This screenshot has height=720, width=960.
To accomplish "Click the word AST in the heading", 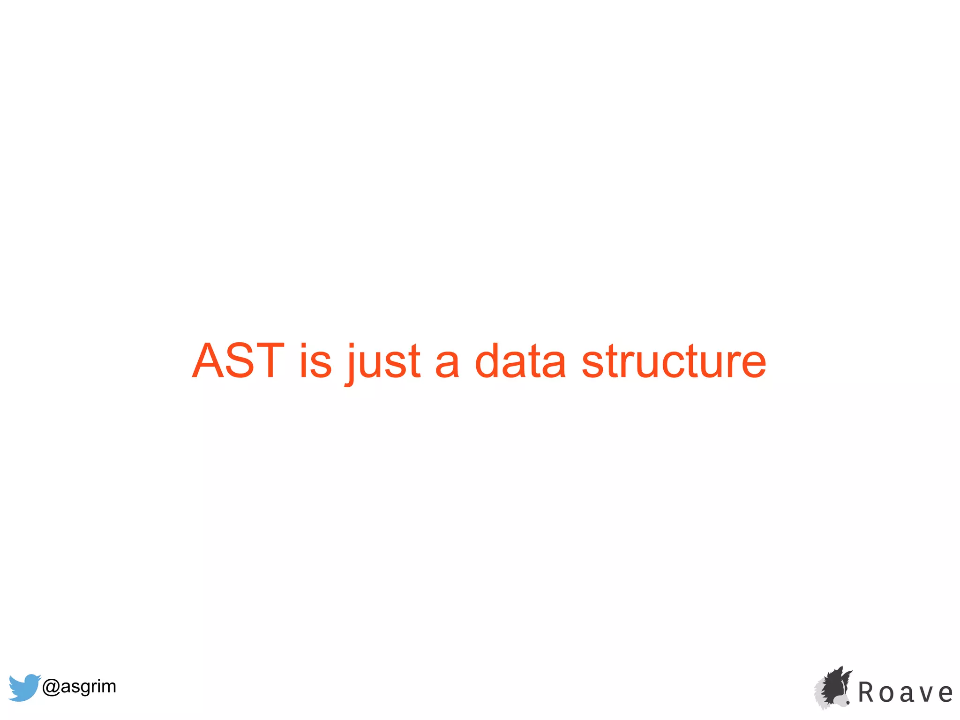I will [x=238, y=360].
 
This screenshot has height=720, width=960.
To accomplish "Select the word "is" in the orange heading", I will [x=315, y=360].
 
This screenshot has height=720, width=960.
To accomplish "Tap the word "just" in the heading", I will [x=383, y=362].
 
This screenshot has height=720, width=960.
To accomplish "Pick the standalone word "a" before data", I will [x=447, y=363].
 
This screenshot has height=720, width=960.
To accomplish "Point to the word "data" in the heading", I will [x=520, y=360].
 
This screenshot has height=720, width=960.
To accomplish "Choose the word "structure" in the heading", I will [x=674, y=360].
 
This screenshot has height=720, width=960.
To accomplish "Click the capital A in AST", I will [x=210, y=360].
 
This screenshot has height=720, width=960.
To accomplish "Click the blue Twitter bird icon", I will [x=24, y=687].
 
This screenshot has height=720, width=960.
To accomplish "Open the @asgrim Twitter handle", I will [x=79, y=686].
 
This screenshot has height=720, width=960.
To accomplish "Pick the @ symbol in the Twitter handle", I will [x=51, y=687].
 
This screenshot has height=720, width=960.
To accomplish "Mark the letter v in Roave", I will [x=925, y=694].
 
